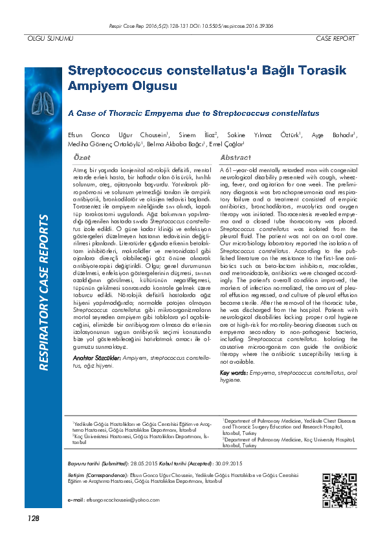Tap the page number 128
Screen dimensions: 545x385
tap(33, 518)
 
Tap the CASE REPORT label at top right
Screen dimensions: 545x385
tap(335, 39)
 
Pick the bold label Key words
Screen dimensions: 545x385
tap(234, 373)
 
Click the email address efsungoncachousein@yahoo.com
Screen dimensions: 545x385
tap(113, 501)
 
